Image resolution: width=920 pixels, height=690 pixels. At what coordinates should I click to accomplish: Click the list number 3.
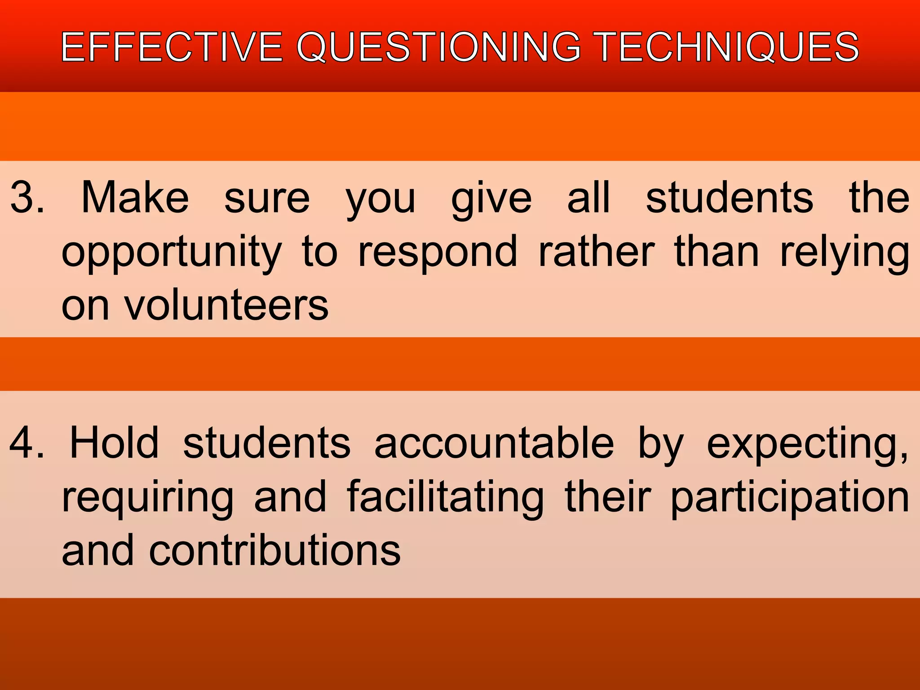tap(27, 198)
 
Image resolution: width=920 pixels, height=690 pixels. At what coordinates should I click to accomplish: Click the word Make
tap(135, 198)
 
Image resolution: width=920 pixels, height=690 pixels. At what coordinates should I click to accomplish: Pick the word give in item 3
tap(491, 200)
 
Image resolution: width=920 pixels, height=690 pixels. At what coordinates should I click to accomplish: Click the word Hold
tap(115, 443)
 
